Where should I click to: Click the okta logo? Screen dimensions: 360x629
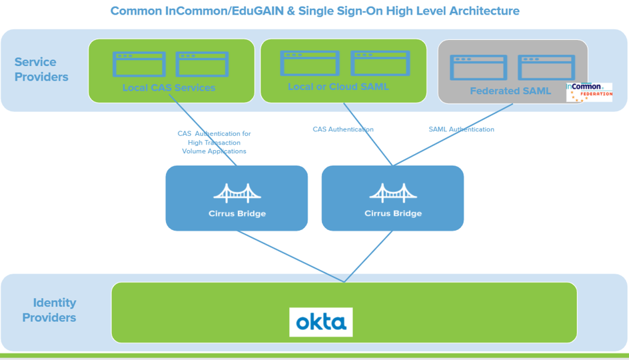(320, 322)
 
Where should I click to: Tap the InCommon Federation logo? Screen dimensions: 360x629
(589, 93)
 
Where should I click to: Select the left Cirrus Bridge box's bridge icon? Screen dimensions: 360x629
(237, 193)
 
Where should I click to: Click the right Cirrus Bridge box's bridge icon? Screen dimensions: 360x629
(392, 193)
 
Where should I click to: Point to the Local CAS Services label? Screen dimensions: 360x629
(169, 88)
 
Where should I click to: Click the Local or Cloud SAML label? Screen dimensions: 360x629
(338, 87)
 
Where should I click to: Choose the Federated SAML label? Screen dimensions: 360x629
(510, 91)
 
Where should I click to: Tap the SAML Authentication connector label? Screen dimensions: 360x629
(461, 129)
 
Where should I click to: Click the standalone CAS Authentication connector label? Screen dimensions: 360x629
(343, 129)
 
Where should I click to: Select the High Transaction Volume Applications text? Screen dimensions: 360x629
(214, 147)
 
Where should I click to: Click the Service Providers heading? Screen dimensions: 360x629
(41, 69)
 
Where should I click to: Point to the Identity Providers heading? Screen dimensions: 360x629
(49, 310)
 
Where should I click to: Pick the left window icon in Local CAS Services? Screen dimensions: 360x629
(139, 64)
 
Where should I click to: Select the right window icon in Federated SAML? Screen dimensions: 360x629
(546, 68)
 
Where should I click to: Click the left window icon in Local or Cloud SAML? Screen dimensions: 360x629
(310, 63)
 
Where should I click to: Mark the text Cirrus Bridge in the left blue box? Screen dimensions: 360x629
(237, 214)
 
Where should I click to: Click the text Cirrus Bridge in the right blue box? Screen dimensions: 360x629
(392, 214)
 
